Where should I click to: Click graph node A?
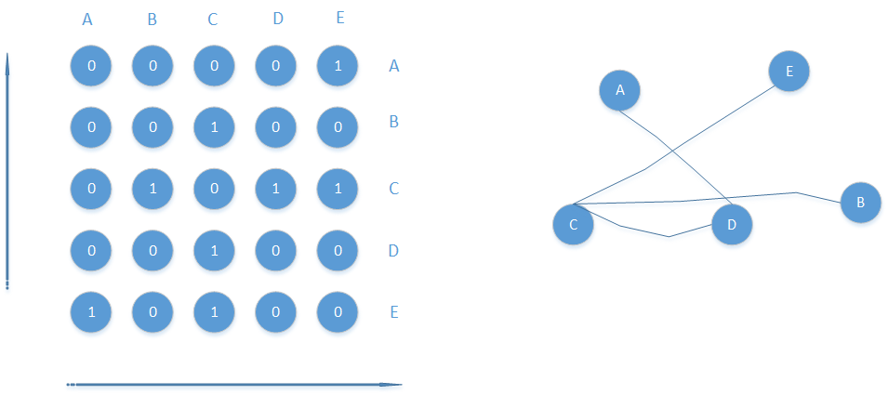tap(620, 90)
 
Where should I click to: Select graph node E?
tap(789, 71)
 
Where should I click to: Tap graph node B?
tap(860, 202)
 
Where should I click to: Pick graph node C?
tap(574, 224)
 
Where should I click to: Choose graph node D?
tap(732, 224)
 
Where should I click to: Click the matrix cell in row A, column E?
tap(337, 66)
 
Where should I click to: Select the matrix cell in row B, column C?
tap(214, 127)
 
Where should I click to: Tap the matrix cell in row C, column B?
tap(152, 189)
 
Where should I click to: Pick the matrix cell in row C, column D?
tap(275, 189)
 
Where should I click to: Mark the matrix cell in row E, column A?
tap(91, 311)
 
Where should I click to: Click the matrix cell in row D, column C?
tap(214, 250)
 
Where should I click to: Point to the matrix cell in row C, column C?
tap(214, 189)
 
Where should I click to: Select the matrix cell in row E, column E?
tap(337, 311)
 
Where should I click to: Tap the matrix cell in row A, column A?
tap(91, 66)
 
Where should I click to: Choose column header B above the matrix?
tap(152, 20)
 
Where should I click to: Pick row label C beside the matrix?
tap(394, 189)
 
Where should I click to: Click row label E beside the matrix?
tap(394, 311)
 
